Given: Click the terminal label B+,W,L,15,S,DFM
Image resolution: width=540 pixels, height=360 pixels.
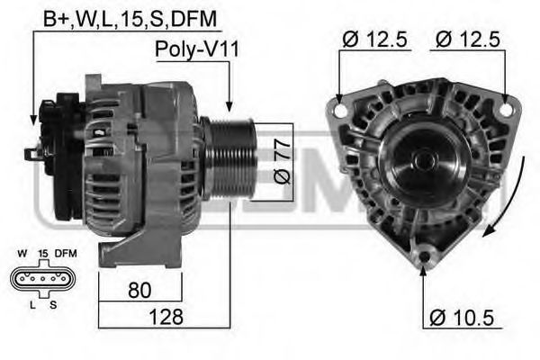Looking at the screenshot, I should point(131,18).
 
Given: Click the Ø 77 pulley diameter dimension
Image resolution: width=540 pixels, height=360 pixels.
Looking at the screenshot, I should point(282,162).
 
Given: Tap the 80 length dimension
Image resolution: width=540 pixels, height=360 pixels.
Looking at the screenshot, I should point(139,291).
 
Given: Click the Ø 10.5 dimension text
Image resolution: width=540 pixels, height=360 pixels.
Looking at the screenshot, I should point(463,317).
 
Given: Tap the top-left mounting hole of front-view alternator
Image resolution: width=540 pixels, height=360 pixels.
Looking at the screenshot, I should point(339,110).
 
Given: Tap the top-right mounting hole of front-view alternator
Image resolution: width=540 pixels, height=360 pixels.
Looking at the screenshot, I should point(506,110).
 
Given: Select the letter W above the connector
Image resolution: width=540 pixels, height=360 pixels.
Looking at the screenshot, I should point(22,255).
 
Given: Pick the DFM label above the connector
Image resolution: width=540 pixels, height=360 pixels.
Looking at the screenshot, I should point(65,255).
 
